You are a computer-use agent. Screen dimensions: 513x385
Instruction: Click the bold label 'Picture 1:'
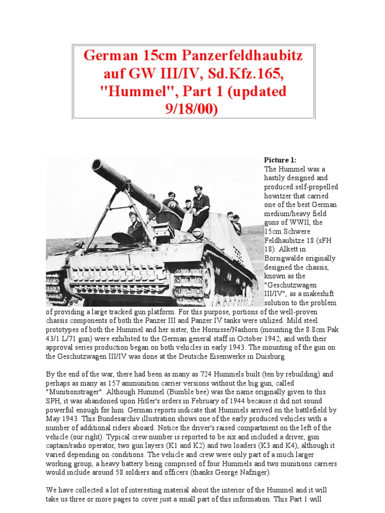(x=280, y=160)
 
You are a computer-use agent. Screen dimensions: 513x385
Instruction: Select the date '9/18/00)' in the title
(x=188, y=109)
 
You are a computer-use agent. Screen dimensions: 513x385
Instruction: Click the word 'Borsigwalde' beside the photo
(x=284, y=259)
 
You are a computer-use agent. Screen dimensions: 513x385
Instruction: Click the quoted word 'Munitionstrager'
(x=73, y=393)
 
